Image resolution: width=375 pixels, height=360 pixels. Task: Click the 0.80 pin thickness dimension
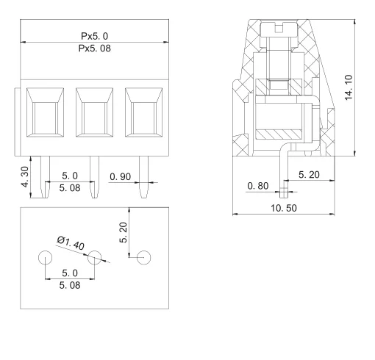point(259,186)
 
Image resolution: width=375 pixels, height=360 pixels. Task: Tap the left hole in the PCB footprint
point(45,258)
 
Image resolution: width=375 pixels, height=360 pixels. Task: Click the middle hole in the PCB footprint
point(94,258)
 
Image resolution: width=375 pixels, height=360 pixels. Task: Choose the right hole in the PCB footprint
point(144,258)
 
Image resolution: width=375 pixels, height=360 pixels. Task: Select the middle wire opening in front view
point(93,115)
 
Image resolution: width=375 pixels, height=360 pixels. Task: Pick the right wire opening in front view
point(143,115)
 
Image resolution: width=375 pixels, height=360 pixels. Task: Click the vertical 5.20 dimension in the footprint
point(124,234)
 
